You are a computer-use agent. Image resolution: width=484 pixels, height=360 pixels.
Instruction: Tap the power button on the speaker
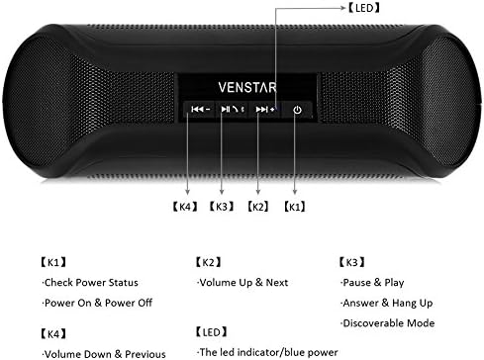(x=297, y=110)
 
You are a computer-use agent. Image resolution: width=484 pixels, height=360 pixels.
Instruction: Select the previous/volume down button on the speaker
(x=201, y=110)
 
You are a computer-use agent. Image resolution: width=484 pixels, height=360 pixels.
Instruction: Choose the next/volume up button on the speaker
(x=266, y=110)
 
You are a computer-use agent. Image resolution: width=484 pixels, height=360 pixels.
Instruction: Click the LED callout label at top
(x=361, y=7)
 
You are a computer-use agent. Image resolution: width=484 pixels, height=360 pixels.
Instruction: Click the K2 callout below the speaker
(x=259, y=208)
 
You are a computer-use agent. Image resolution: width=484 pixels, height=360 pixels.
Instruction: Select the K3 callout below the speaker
(x=223, y=208)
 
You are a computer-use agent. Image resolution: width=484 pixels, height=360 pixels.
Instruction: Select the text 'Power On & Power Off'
(x=90, y=304)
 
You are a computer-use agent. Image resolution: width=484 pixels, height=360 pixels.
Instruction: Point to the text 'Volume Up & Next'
(x=243, y=283)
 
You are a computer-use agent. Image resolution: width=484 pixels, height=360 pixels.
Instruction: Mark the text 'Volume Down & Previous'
(x=95, y=352)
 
